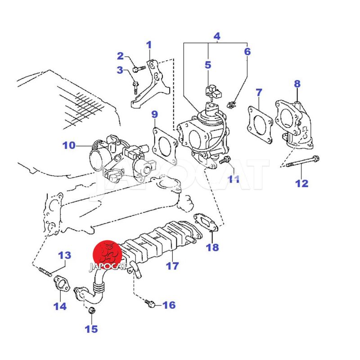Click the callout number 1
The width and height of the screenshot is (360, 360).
149,45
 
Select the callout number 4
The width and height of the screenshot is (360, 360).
217,36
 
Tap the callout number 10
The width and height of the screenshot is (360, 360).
69,145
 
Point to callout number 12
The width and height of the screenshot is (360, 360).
301,183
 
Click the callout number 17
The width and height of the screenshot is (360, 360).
172,265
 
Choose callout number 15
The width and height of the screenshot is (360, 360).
91,329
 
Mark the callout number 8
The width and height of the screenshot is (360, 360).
297,84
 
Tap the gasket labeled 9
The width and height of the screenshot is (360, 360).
165,145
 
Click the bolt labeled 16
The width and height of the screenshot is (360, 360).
151,305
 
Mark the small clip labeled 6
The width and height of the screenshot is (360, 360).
232,105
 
